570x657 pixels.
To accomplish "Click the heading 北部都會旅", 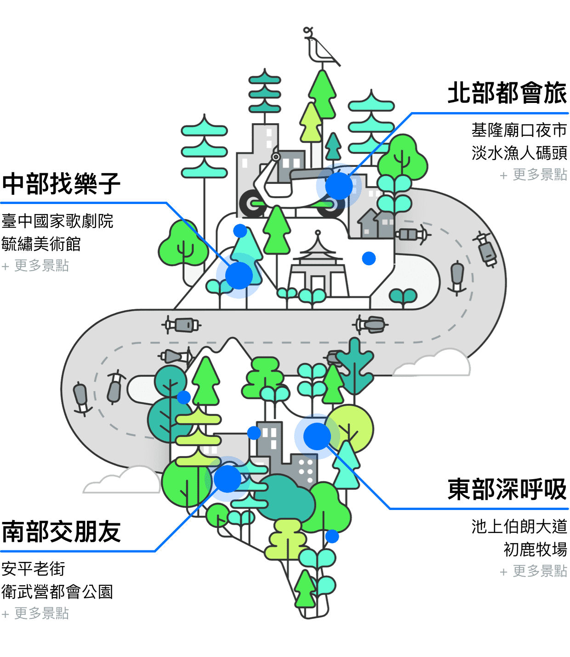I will click(x=507, y=93).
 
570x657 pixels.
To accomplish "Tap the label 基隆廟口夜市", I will click(x=519, y=130).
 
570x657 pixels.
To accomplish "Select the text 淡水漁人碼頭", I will click(x=519, y=153).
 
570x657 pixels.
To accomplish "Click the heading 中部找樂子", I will click(x=61, y=184).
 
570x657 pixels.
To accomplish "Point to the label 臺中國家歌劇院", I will click(x=57, y=221).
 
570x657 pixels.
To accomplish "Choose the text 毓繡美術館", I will click(x=41, y=244).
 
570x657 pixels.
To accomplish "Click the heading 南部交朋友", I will click(x=61, y=532).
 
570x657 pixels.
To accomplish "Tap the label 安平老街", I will click(x=33, y=569).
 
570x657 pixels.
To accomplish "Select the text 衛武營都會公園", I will click(x=57, y=592).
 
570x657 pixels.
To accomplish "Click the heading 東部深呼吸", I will click(x=507, y=489).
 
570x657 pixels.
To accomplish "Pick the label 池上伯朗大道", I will click(x=519, y=527).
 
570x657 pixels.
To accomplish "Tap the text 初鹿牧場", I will click(x=535, y=549).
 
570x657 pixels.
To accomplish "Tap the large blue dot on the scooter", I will click(x=339, y=186).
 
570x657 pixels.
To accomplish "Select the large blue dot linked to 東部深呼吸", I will click(x=317, y=436).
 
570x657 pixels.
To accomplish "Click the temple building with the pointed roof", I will click(x=317, y=266).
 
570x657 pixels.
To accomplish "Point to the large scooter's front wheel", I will click(x=252, y=204).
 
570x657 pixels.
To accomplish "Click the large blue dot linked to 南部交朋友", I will click(x=227, y=479).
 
